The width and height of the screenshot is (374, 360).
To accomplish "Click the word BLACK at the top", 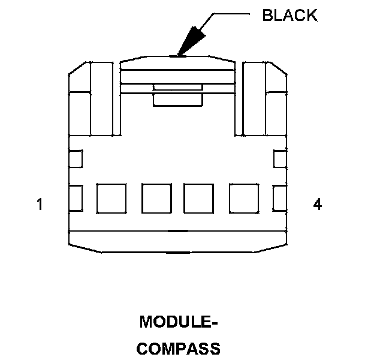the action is tap(290, 16).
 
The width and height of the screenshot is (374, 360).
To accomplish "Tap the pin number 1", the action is tap(40, 205).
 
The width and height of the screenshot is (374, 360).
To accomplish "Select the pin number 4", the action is tap(317, 205).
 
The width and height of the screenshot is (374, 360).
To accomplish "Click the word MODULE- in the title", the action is tap(178, 323).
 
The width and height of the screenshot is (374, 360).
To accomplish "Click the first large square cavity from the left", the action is tap(111, 199).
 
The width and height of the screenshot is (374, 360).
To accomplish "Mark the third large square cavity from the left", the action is tap(199, 199).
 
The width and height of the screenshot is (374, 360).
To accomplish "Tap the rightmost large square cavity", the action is tap(244, 199).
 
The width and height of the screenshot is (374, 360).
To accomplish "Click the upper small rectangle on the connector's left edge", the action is tap(76, 159).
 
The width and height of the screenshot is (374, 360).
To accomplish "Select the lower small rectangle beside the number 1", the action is tap(76, 199).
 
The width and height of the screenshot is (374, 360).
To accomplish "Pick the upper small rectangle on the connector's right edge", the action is tap(280, 159).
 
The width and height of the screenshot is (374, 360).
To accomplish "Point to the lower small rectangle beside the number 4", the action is tap(280, 199).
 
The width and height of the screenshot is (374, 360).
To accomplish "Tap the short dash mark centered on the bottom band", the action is tap(177, 230).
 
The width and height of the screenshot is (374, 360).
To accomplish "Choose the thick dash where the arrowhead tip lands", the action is tap(178, 57).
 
